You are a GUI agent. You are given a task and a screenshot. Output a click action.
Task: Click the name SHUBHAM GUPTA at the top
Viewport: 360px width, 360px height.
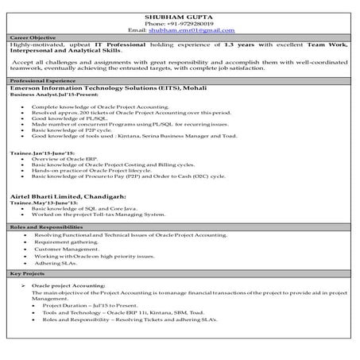coord(180,16)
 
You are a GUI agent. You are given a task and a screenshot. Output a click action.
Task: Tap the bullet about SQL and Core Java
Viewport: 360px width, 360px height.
coord(87,208)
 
